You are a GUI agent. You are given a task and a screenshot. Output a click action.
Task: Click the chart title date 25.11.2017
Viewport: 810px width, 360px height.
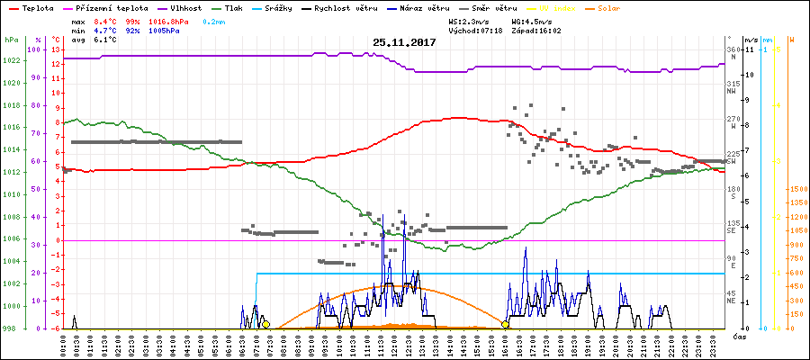[x=404, y=42]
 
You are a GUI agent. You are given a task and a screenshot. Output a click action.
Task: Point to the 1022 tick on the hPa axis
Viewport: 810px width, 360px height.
[x=11, y=60]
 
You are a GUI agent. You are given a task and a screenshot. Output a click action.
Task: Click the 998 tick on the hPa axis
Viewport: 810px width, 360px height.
[x=11, y=328]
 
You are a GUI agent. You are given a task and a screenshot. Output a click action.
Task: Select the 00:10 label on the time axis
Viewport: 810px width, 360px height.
[x=62, y=344]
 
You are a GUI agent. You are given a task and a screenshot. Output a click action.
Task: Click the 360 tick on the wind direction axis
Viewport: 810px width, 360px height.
[x=732, y=49]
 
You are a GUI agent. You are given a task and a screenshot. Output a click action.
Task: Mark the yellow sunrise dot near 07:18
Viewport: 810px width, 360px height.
[x=265, y=324]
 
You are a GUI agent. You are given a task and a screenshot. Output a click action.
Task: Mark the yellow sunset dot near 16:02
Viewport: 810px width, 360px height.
[x=506, y=324]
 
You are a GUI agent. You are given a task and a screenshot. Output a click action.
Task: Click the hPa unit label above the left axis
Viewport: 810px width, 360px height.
[x=11, y=40]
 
